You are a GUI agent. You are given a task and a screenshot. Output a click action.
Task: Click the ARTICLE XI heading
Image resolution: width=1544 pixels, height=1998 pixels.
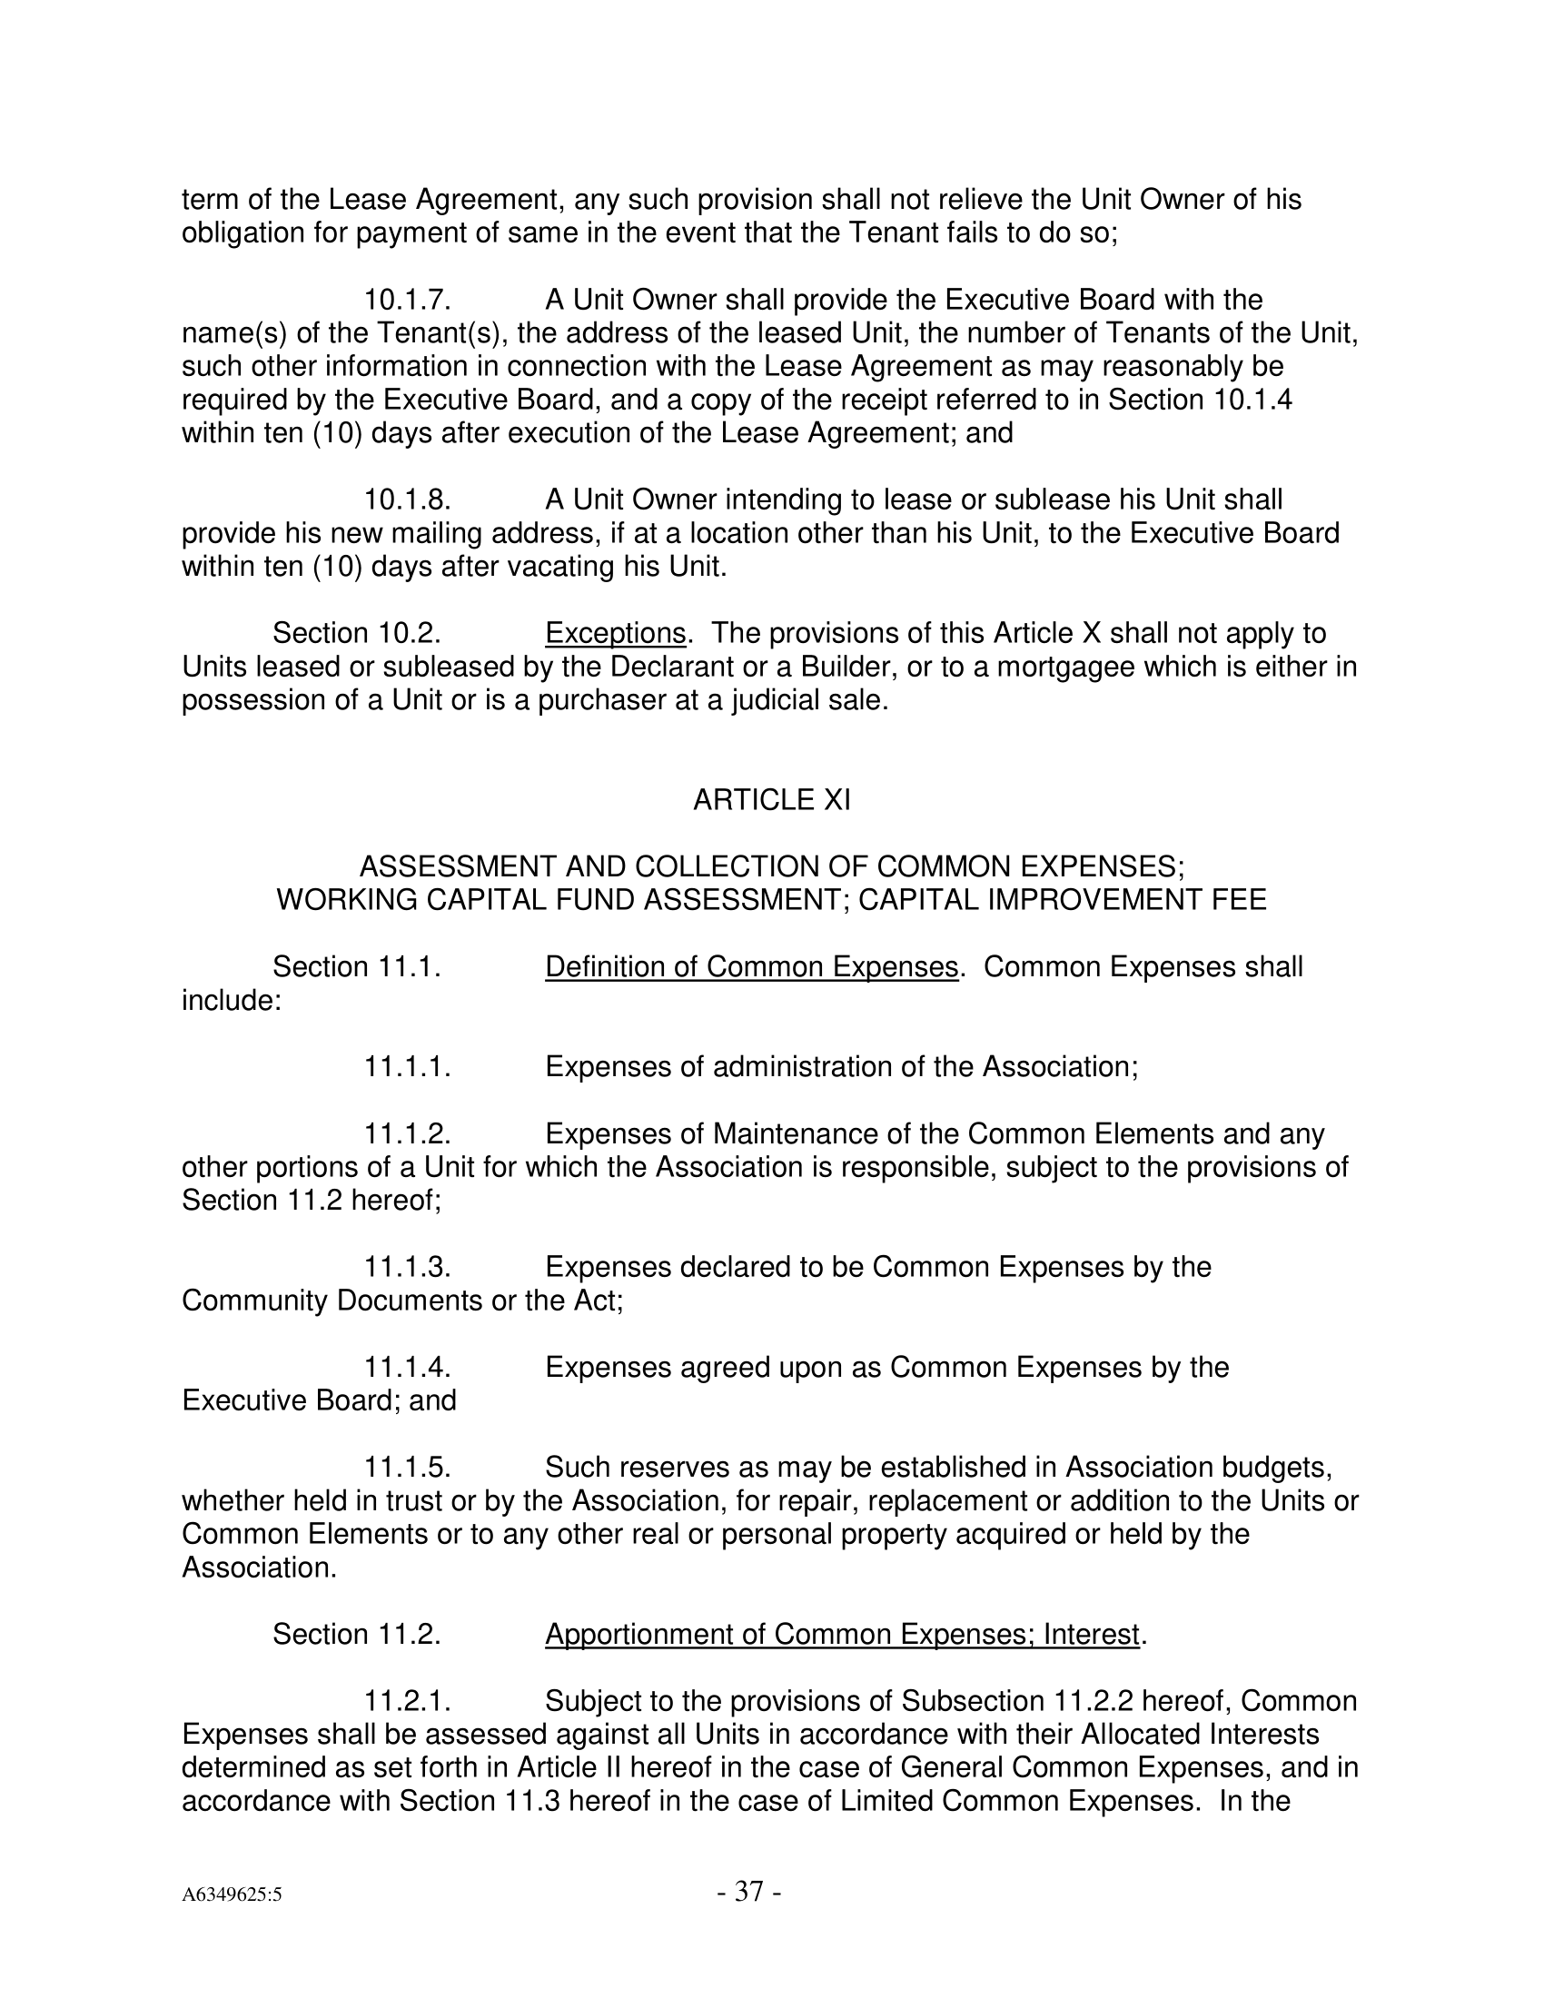pyautogui.click(x=771, y=800)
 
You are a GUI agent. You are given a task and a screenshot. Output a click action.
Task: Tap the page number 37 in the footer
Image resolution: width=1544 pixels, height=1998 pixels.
pyautogui.click(x=748, y=1891)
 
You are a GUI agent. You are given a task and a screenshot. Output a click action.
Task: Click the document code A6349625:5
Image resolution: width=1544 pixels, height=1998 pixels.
pyautogui.click(x=232, y=1894)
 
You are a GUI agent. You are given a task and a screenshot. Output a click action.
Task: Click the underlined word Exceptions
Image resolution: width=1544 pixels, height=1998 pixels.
pyautogui.click(x=615, y=633)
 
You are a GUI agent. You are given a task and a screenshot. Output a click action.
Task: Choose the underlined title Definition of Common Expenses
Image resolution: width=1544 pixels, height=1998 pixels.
pyautogui.click(x=751, y=967)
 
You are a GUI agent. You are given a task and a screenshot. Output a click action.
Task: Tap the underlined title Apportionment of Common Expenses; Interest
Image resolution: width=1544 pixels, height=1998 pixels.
pyautogui.click(x=843, y=1634)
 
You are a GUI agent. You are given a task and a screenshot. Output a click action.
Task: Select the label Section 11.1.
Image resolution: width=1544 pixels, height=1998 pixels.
pyautogui.click(x=357, y=967)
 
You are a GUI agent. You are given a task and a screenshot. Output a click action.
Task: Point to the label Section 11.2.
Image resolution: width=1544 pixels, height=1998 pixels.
pyautogui.click(x=357, y=1634)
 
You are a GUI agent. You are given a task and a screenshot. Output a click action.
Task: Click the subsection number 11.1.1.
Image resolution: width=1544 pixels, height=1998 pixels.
pyautogui.click(x=407, y=1067)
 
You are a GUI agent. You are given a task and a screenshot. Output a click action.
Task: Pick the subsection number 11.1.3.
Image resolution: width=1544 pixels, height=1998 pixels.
pyautogui.click(x=407, y=1267)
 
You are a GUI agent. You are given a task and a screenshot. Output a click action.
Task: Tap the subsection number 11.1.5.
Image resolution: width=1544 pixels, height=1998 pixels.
pyautogui.click(x=407, y=1468)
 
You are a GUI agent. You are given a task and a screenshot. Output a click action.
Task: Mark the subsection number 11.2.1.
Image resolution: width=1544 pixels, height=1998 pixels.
pyautogui.click(x=407, y=1701)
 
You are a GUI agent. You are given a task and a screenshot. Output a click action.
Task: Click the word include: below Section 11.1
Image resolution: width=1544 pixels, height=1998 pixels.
pyautogui.click(x=232, y=1001)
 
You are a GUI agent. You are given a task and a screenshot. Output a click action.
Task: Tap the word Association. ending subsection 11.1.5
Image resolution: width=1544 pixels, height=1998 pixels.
pyautogui.click(x=260, y=1568)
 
